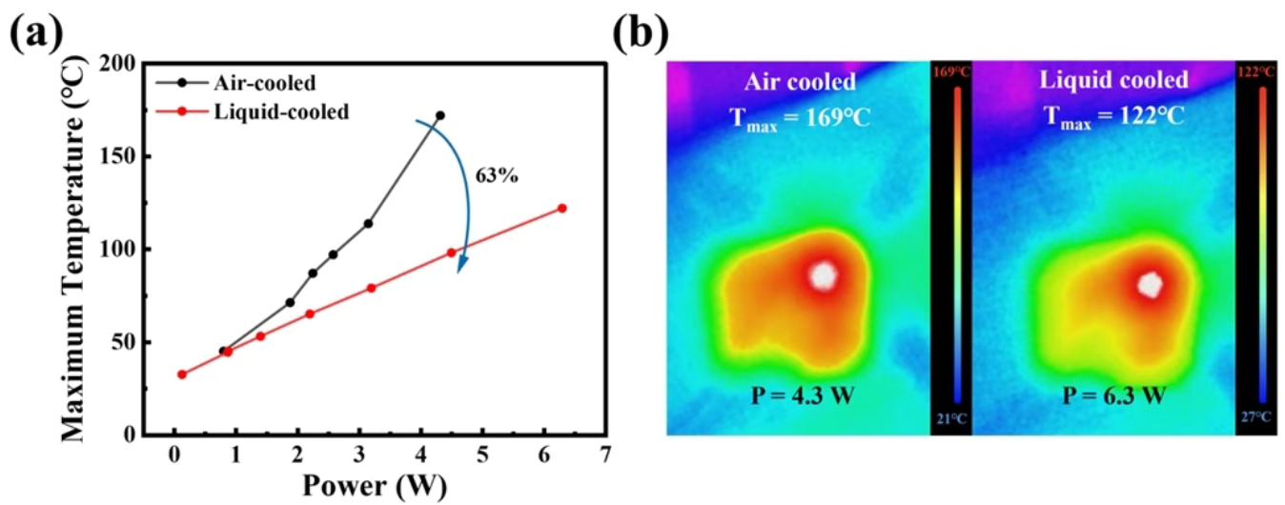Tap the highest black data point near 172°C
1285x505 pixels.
coord(439,115)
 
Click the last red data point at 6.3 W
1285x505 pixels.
coord(561,208)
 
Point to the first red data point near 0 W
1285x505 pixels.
coord(181,374)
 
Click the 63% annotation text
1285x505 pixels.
coord(497,176)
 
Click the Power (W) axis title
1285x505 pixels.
coord(374,485)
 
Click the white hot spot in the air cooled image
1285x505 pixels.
coord(823,276)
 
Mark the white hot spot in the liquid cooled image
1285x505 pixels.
coord(1152,283)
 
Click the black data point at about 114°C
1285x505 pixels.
coord(368,223)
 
